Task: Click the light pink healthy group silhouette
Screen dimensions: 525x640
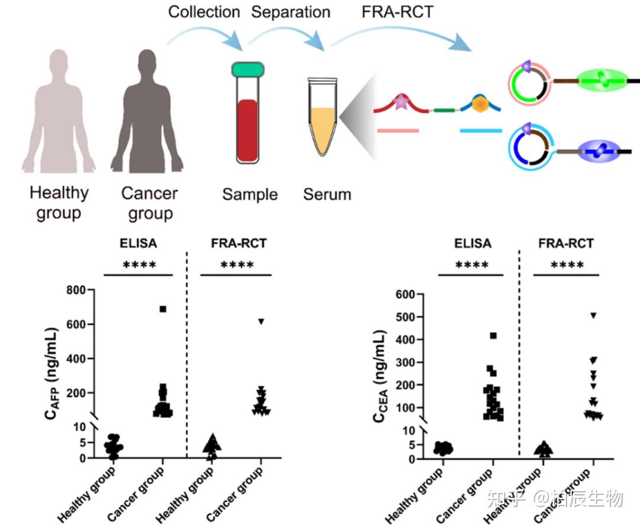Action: tap(58, 119)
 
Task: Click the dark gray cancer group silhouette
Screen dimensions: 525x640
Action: tap(145, 119)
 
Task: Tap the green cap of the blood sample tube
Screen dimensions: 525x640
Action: tap(249, 70)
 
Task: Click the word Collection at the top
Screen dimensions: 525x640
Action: tap(204, 12)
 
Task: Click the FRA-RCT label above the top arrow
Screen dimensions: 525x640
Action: tap(397, 12)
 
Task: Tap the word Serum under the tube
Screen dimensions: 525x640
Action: tap(327, 194)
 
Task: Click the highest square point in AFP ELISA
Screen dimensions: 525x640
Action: tap(163, 309)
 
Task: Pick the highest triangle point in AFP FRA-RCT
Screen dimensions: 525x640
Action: tap(260, 322)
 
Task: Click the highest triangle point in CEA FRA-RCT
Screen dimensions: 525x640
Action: tap(593, 315)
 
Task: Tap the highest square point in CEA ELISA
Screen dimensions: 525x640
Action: tap(493, 336)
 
